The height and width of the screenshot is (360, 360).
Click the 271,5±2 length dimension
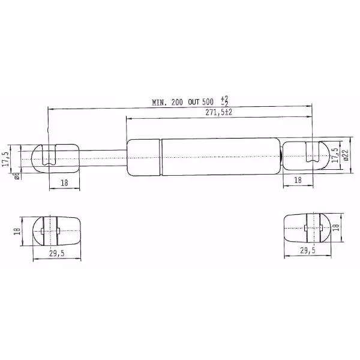[218, 113]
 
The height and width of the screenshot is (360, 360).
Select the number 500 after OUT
[208, 102]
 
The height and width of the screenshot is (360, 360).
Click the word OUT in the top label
[194, 102]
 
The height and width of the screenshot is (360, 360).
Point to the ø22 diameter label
[346, 155]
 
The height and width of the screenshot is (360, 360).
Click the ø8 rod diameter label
[17, 176]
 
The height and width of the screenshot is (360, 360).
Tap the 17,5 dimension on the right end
[335, 155]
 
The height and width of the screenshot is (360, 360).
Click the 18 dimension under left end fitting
[65, 183]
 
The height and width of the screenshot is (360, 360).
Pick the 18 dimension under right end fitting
[298, 180]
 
